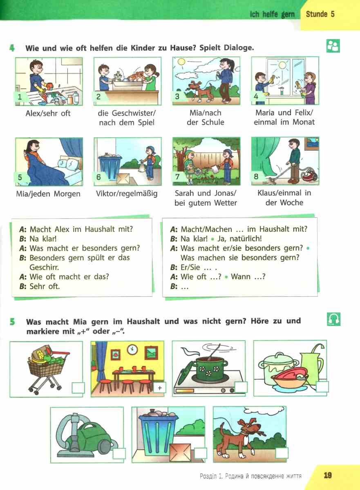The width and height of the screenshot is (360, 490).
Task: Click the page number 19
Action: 328,475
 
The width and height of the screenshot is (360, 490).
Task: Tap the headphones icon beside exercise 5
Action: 333,319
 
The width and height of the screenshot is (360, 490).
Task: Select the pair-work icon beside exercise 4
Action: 333,46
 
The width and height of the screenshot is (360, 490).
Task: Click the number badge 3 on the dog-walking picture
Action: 177,96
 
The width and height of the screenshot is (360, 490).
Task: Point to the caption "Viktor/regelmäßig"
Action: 127,194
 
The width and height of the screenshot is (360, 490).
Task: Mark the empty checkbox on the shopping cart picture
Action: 78,388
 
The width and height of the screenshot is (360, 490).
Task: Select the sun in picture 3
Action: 181,62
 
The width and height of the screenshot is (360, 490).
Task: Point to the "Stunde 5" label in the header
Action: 320,14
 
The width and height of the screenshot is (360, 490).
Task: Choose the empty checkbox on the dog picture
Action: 282,453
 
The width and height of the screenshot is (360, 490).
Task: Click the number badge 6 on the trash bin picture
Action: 98,177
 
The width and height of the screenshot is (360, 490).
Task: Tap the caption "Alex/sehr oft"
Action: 48,114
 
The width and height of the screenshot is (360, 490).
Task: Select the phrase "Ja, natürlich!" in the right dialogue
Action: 239,238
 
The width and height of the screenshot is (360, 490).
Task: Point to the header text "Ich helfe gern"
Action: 272,14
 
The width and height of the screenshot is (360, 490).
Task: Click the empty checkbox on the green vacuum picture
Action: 119,453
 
